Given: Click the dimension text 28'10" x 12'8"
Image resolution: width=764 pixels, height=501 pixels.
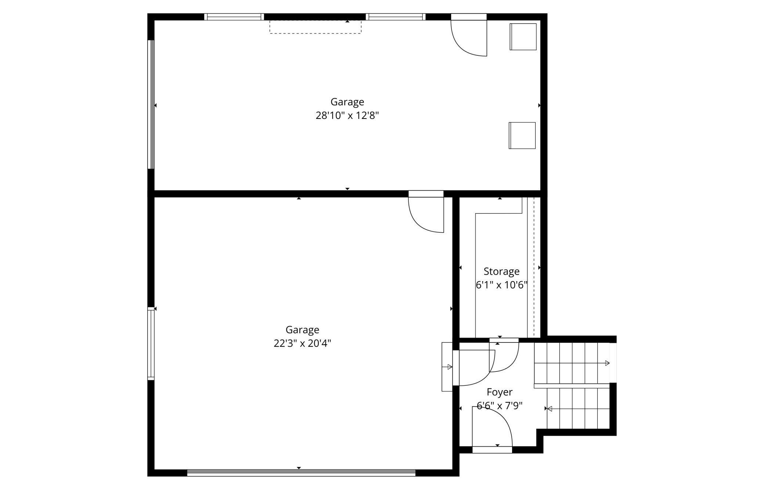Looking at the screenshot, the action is pos(347,116).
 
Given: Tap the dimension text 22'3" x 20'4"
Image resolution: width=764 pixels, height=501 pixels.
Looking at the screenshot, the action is pos(302,344).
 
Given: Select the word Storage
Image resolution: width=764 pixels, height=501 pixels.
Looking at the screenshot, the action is pos(501,272).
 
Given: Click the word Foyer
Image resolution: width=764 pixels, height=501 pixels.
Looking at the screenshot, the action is pos(500,393).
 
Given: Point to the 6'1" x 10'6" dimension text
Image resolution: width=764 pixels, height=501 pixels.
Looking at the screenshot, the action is pos(501,285).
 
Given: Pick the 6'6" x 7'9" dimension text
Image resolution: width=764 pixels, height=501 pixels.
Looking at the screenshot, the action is pos(500,406).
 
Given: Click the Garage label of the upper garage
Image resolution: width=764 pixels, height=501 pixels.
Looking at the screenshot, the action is pos(347,102).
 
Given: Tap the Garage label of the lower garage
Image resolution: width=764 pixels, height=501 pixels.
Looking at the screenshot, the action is pos(302,330).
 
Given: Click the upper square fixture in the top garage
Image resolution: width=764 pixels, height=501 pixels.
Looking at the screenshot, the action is pos(523,37).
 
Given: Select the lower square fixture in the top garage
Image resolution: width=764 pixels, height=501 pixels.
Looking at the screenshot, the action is pos(522,135).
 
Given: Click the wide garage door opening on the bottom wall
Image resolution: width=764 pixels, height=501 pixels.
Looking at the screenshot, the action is pos(301,473).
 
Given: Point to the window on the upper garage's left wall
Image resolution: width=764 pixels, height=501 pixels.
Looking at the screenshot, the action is pos(151,105).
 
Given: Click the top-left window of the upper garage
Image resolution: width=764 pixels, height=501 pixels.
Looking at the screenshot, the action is pos(234,17).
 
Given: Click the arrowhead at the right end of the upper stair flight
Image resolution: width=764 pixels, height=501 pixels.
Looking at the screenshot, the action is pos(607,363).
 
